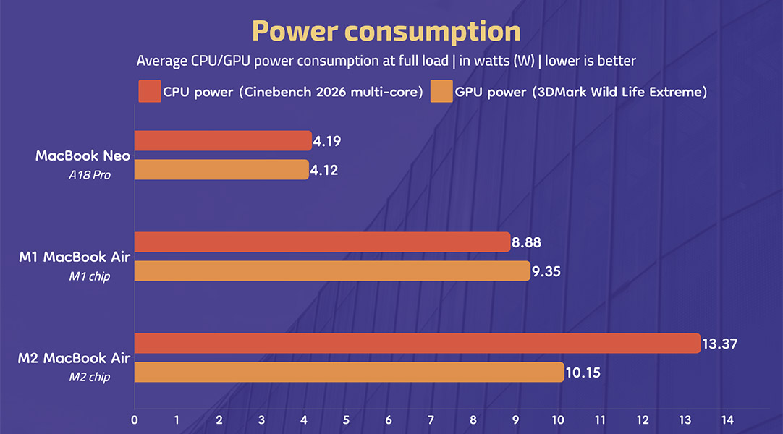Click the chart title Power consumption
coord(386,31)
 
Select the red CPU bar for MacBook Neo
coord(223,141)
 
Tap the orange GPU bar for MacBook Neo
coord(221,170)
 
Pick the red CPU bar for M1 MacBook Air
coord(322,242)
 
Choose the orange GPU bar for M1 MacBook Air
coord(332,271)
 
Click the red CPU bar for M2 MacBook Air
coord(418,343)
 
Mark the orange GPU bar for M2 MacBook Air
coord(349,373)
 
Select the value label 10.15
coord(584,373)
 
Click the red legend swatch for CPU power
coord(148,92)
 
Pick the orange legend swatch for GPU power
coord(441,92)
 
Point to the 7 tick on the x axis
coord(431,420)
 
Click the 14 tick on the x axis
coord(727,420)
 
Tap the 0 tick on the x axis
coord(135,420)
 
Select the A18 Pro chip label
coord(90,174)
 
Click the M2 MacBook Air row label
coord(74,358)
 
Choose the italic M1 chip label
coord(90,276)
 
